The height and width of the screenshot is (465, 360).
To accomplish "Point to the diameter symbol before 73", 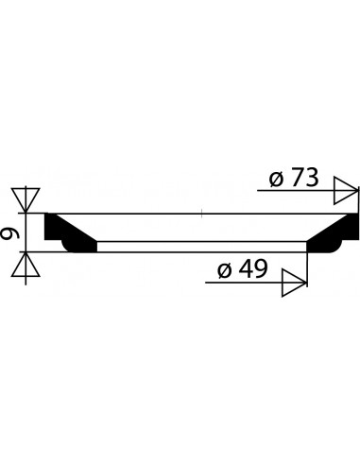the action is (x=277, y=180).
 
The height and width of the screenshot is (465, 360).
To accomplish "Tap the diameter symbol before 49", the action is (x=225, y=270).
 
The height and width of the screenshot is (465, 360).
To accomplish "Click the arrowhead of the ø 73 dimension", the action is (x=347, y=191).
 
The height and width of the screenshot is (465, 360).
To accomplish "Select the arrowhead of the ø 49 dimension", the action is (x=294, y=283).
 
